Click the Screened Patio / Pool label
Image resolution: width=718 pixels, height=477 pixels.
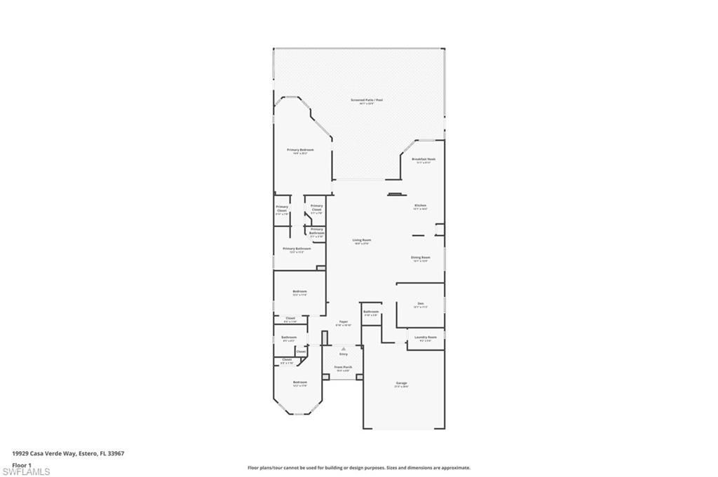click(x=367, y=100)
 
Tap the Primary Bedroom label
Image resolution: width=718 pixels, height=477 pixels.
click(x=300, y=150)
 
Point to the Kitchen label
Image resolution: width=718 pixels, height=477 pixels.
click(x=420, y=205)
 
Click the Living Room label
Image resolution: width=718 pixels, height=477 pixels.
click(x=362, y=240)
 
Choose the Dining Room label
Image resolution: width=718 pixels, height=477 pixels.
click(x=421, y=257)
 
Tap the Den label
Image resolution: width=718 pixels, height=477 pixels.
click(x=421, y=303)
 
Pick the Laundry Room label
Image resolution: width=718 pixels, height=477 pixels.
click(x=426, y=337)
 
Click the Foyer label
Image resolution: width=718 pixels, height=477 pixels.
click(x=344, y=322)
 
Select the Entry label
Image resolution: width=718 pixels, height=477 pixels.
click(x=344, y=354)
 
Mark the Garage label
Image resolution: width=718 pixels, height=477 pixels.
click(x=402, y=382)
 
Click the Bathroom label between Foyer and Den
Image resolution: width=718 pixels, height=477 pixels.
click(x=371, y=312)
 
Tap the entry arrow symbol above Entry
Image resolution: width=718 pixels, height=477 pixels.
click(x=344, y=347)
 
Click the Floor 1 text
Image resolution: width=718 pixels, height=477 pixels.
click(x=22, y=464)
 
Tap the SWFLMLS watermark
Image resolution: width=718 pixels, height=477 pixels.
click(x=27, y=471)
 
